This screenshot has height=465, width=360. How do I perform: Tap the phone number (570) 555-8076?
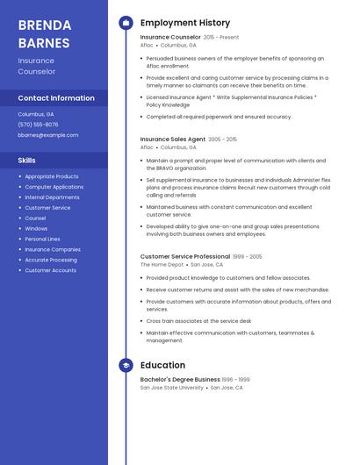pyautogui.click(x=38, y=125)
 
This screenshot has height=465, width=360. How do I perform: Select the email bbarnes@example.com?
pyautogui.click(x=47, y=135)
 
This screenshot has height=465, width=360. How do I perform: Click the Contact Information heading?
pyautogui.click(x=56, y=98)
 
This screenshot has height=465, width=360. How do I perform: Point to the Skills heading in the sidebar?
pyautogui.click(x=27, y=160)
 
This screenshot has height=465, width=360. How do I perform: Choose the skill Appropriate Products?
pyautogui.click(x=52, y=176)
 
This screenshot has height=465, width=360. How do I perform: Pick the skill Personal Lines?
pyautogui.click(x=42, y=239)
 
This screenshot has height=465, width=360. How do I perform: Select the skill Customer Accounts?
pyautogui.click(x=50, y=270)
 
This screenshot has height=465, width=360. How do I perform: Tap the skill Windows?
pyautogui.click(x=36, y=228)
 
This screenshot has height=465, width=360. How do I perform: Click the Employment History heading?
pyautogui.click(x=185, y=23)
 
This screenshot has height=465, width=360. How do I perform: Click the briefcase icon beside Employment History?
pyautogui.click(x=126, y=23)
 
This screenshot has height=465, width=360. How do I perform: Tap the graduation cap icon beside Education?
pyautogui.click(x=126, y=365)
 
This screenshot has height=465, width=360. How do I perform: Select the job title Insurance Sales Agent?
pyautogui.click(x=173, y=139)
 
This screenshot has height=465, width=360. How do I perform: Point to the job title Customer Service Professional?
pyautogui.click(x=185, y=256)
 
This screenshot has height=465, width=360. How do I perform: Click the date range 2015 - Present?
pyautogui.click(x=221, y=38)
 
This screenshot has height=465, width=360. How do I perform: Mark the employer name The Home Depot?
pyautogui.click(x=162, y=264)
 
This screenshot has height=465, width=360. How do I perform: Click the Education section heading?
pyautogui.click(x=162, y=365)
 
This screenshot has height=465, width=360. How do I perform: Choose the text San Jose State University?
pyautogui.click(x=172, y=387)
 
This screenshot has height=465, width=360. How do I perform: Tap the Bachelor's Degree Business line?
pyautogui.click(x=180, y=379)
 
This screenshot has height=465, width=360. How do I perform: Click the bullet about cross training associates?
pyautogui.click(x=198, y=321)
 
